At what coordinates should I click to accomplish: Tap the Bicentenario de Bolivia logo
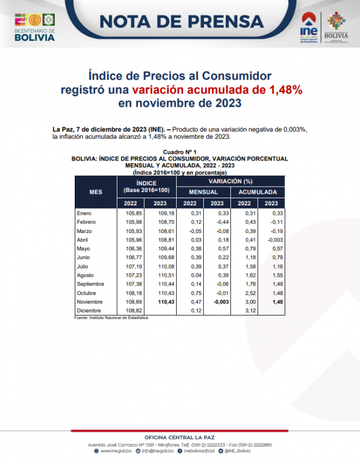click(x=34, y=26)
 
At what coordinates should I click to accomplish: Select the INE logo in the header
click(x=308, y=30)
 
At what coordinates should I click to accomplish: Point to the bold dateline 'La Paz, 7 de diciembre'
click(x=99, y=129)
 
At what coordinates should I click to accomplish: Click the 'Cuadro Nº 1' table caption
click(x=179, y=152)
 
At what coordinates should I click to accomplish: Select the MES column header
click(x=95, y=192)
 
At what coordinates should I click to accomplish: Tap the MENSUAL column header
click(x=203, y=192)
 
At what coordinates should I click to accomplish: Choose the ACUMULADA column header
click(x=258, y=192)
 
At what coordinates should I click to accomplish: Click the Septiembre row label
click(x=90, y=284)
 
